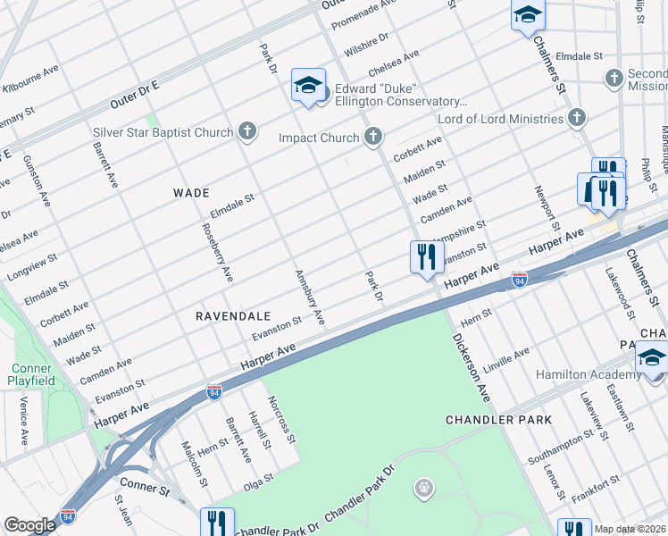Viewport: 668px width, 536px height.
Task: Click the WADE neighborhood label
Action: (x=191, y=193)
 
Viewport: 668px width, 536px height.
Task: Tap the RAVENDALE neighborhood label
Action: (x=233, y=316)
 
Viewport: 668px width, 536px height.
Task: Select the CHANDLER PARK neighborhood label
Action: (x=499, y=419)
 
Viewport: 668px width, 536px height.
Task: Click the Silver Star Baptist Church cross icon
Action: (x=247, y=132)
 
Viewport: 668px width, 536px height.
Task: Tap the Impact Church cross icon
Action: (x=373, y=138)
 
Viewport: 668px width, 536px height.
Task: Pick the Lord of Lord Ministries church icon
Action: (x=577, y=118)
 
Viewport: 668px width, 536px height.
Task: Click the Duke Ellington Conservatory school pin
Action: (x=308, y=87)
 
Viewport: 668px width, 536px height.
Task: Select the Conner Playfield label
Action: (x=32, y=374)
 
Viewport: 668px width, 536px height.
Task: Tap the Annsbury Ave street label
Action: (x=307, y=297)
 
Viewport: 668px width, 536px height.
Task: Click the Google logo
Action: (x=29, y=525)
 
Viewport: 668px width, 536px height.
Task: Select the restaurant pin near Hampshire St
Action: (x=427, y=257)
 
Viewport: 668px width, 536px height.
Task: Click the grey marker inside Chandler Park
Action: (x=423, y=487)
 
